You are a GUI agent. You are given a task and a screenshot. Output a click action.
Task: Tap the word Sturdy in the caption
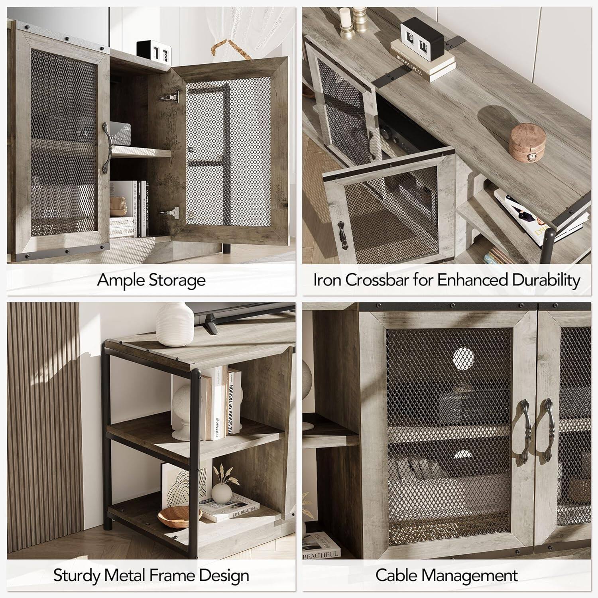[x=77, y=576]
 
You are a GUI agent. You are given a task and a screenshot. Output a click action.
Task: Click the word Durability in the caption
[x=546, y=280]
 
